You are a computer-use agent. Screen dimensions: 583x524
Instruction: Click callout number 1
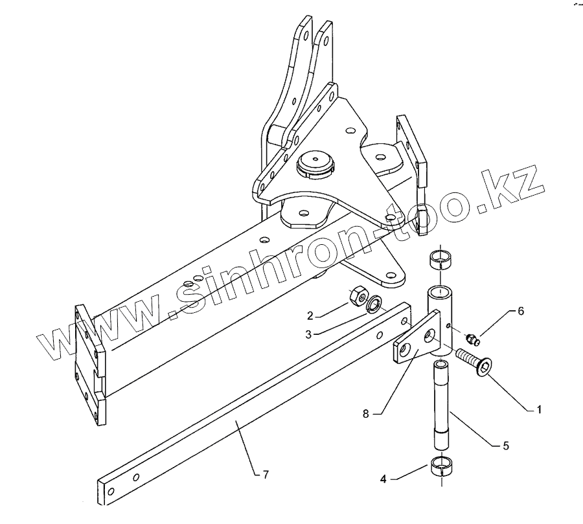point(538,410)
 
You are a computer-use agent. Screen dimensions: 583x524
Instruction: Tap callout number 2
point(311,316)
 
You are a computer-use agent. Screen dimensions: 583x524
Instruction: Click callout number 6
point(520,311)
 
